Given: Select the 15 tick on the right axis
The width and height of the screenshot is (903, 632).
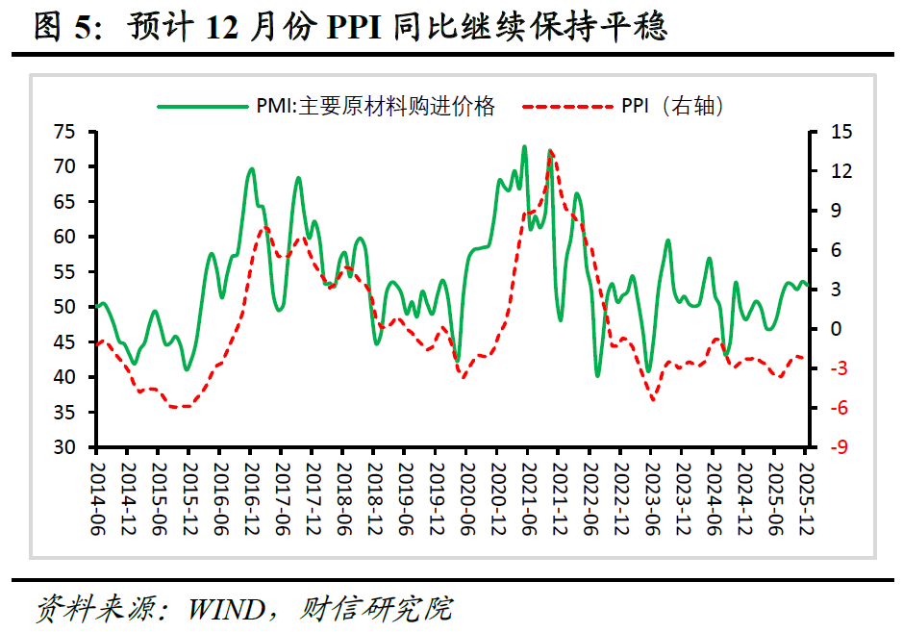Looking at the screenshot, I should point(828,133).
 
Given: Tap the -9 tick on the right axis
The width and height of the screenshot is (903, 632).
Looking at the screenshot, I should point(828,448).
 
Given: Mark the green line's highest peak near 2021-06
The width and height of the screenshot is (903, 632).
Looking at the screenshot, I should point(524,146).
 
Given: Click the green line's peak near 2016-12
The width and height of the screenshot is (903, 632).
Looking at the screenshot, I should point(251,168).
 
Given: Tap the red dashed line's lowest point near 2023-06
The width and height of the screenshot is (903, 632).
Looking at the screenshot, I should point(654,399).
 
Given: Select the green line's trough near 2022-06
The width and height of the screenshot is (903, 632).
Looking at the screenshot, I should point(597,375).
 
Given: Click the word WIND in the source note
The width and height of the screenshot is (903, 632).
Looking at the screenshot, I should point(229,609).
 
